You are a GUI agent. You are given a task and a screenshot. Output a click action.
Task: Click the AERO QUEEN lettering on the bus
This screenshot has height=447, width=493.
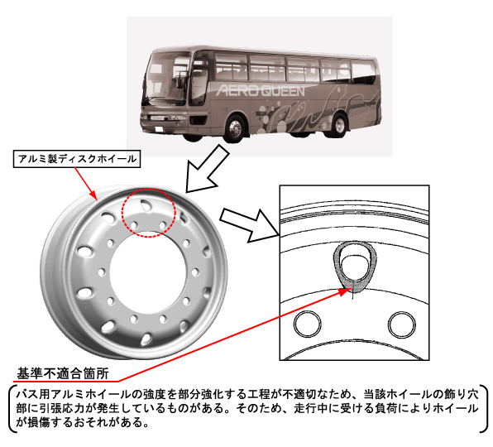(x=261, y=90)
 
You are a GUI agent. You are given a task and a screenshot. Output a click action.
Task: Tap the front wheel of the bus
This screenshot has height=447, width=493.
(x=235, y=127)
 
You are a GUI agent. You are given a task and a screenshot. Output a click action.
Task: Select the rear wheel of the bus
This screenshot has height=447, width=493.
(x=338, y=125)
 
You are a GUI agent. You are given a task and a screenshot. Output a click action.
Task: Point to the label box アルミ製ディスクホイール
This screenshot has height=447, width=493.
(x=77, y=159)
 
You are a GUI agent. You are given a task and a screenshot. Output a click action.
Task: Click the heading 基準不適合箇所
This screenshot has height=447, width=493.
(x=63, y=374)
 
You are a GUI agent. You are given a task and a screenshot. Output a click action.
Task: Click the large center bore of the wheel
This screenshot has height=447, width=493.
(x=148, y=273)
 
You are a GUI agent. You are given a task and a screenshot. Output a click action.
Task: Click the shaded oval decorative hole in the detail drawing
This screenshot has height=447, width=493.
(x=355, y=265)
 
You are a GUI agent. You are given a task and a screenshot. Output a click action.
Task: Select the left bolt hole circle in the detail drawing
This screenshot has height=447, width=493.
(x=308, y=324)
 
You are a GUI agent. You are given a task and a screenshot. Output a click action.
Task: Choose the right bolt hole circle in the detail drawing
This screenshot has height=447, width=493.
(x=402, y=324)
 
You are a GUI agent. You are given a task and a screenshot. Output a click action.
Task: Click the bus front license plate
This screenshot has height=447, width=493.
(x=159, y=128)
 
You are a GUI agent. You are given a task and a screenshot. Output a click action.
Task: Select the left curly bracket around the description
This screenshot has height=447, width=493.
(x=12, y=408)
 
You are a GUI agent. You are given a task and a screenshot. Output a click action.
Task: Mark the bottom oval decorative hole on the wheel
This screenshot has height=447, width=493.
(x=146, y=339)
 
